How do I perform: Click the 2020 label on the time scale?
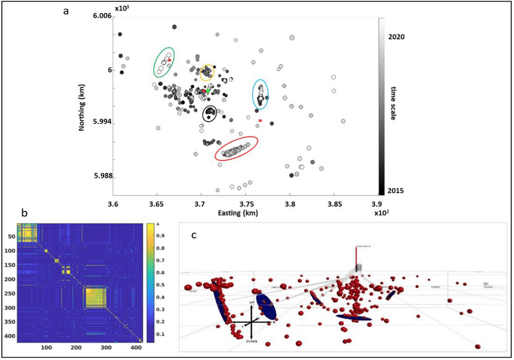click(396, 37)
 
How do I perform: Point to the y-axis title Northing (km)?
click(82, 106)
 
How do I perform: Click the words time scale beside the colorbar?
click(394, 103)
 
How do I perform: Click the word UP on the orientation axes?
click(252, 302)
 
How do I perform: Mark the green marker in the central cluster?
click(208, 90)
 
